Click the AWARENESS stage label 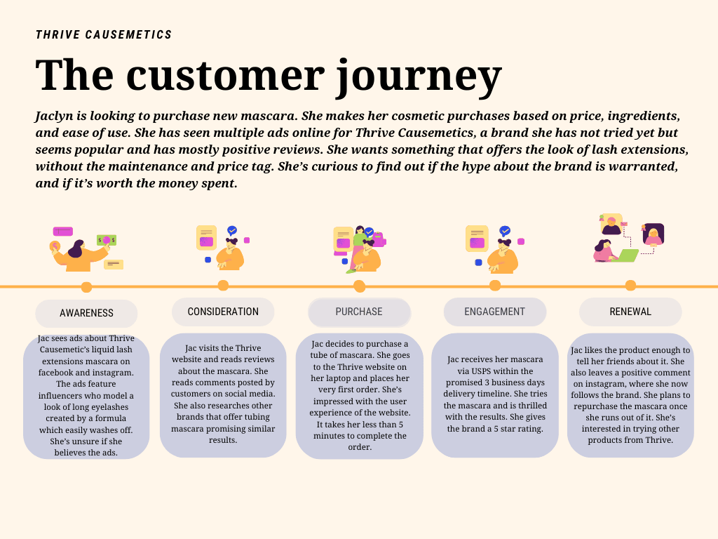[x=86, y=313]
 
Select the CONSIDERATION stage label [x=223, y=312]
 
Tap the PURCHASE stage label [x=359, y=312]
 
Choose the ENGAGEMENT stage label [x=494, y=312]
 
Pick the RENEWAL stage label [x=630, y=312]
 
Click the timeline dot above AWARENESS [x=86, y=287]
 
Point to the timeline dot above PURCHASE [x=359, y=286]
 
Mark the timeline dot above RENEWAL [x=630, y=286]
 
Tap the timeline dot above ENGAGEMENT [x=495, y=286]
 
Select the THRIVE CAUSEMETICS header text [x=104, y=35]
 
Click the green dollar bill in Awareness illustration [x=107, y=240]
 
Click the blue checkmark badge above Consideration [x=232, y=230]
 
